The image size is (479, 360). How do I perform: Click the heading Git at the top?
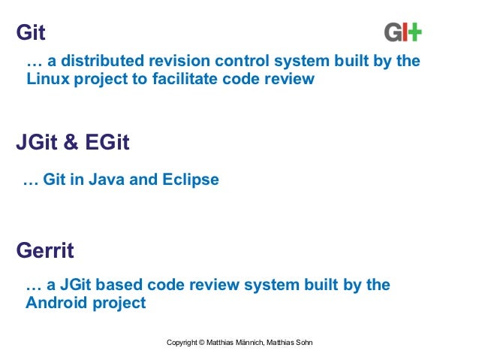(x=31, y=33)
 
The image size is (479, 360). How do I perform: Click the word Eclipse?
(x=193, y=180)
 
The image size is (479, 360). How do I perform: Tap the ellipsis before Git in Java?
(x=30, y=181)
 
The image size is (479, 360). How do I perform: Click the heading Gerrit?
(x=45, y=250)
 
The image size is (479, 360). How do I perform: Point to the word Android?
(x=56, y=304)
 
